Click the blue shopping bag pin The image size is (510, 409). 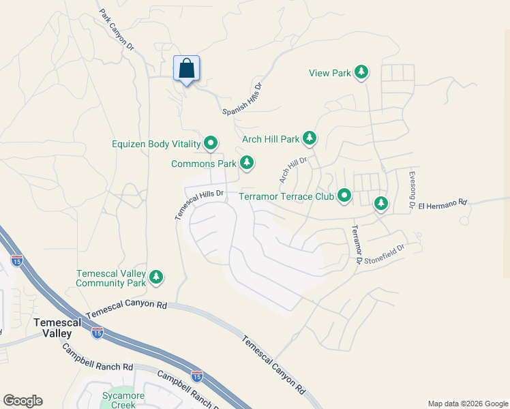tap(187, 69)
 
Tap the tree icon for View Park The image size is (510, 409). tap(361, 72)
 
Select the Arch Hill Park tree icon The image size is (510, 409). tap(310, 139)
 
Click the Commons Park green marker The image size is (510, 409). tap(247, 163)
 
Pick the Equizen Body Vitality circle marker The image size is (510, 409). tap(211, 143)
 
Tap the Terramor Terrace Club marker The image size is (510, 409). tap(344, 196)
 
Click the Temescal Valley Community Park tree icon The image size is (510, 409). tap(157, 277)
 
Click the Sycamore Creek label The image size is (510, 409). tap(119, 400)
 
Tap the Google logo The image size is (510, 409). tap(22, 401)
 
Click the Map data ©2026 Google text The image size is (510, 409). tap(467, 404)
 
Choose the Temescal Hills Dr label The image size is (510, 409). tap(199, 204)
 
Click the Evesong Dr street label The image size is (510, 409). tap(412, 190)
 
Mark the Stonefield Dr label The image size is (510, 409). tap(384, 253)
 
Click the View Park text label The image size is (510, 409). tap(329, 73)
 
